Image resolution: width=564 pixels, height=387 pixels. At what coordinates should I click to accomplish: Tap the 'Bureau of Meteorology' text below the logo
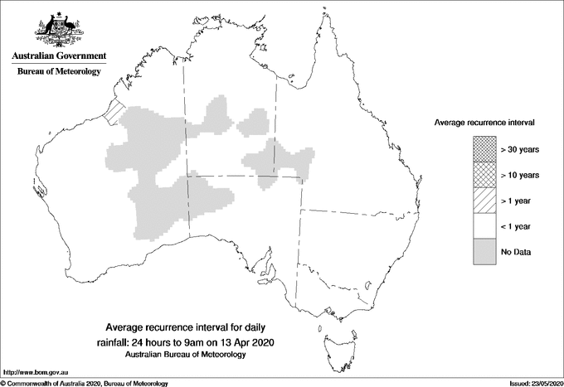pyautogui.click(x=59, y=72)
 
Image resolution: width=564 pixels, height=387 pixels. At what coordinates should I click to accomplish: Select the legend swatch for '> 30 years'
pyautogui.click(x=484, y=149)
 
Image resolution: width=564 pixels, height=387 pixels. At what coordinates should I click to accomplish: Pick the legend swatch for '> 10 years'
pyautogui.click(x=484, y=175)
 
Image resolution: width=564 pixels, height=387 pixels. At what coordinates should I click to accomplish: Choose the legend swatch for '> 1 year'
pyautogui.click(x=484, y=201)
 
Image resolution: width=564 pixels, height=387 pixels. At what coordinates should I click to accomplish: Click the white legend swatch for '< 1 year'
pyautogui.click(x=484, y=226)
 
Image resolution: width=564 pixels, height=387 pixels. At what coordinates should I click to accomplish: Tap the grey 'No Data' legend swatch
pyautogui.click(x=484, y=252)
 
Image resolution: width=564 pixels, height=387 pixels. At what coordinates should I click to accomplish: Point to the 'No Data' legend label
pyautogui.click(x=516, y=252)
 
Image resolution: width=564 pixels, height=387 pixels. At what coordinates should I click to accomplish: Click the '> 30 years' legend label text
pyautogui.click(x=520, y=149)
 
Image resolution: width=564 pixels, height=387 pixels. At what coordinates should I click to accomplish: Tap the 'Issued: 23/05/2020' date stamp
pyautogui.click(x=531, y=383)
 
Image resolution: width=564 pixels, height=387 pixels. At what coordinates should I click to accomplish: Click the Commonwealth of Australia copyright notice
pyautogui.click(x=85, y=383)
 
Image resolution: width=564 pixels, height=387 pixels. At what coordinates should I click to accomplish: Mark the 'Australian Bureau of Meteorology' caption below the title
pyautogui.click(x=186, y=355)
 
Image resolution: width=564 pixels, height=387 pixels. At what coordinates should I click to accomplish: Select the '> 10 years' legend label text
pyautogui.click(x=520, y=175)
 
